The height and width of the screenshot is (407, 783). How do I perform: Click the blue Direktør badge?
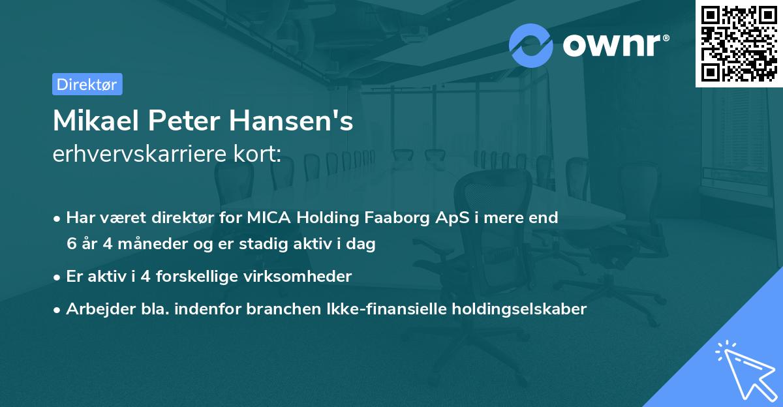pos(87,84)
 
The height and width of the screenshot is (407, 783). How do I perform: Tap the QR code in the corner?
pos(739,43)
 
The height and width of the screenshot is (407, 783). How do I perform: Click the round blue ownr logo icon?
pos(531,45)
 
